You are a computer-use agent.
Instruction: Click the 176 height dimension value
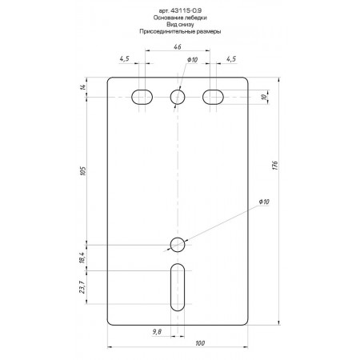click(275, 166)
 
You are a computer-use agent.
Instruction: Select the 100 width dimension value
click(200, 343)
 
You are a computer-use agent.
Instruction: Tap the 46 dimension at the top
click(178, 47)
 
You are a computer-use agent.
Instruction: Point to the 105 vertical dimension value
click(83, 170)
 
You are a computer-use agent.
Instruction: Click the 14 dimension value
click(83, 87)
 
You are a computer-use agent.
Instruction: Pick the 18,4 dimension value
click(82, 258)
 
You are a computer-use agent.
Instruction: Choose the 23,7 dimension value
click(82, 287)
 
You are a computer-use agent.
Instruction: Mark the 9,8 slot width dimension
click(157, 332)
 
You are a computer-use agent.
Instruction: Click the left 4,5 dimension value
click(124, 58)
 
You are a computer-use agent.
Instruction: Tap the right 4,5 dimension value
click(231, 58)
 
